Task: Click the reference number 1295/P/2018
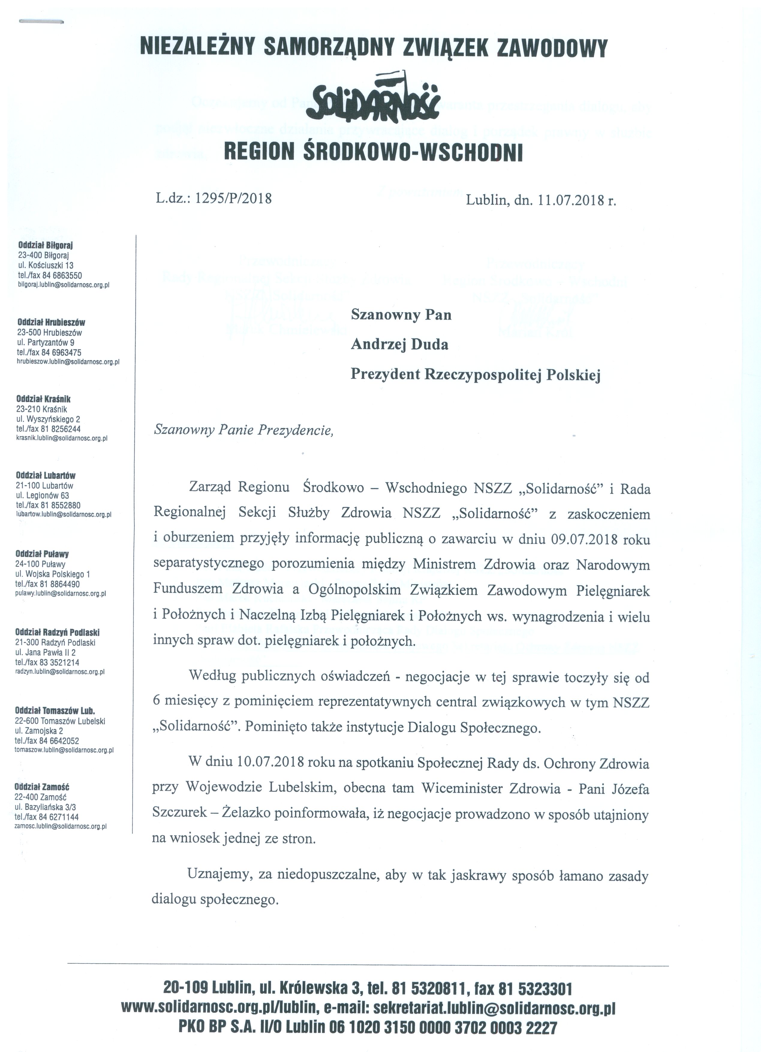click(234, 199)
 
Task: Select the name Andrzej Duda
click(399, 345)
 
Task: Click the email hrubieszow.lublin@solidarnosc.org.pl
click(68, 362)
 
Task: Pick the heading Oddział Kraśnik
click(43, 399)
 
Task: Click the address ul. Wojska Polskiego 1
click(52, 574)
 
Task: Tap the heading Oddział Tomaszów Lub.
click(55, 711)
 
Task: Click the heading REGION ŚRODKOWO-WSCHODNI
click(373, 153)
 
